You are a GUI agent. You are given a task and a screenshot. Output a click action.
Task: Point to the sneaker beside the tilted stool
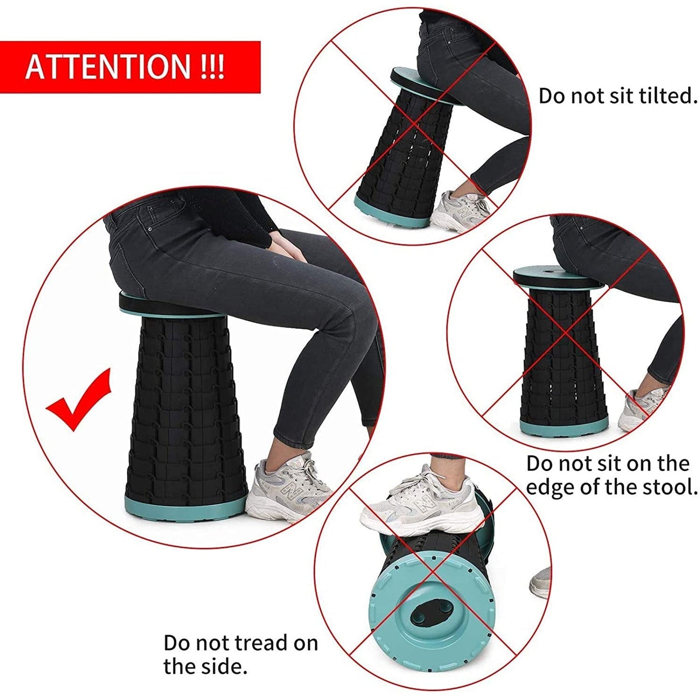[460, 211]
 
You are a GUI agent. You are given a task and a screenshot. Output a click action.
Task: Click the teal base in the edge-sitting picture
[564, 425]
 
